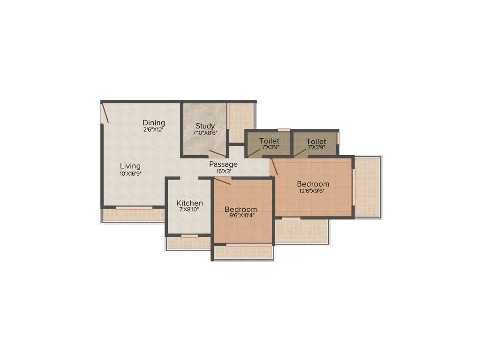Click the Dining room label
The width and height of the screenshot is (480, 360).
tap(154, 123)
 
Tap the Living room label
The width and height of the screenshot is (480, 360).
tap(130, 166)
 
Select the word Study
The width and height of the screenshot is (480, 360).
tap(205, 126)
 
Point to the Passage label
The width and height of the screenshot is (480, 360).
tap(223, 164)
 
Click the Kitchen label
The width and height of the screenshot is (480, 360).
tap(190, 203)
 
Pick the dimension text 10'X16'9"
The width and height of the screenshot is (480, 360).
tap(130, 173)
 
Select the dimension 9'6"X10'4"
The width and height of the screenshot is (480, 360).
tap(240, 216)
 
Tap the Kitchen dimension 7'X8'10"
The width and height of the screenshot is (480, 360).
tap(189, 210)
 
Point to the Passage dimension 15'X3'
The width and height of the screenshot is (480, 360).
tap(223, 172)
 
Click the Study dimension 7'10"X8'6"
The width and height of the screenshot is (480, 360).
tap(205, 133)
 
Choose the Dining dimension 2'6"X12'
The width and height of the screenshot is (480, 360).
tap(154, 130)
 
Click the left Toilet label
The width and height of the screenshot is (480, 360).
tap(269, 141)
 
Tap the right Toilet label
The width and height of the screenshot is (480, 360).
tap(316, 141)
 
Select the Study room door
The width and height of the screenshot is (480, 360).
tap(217, 153)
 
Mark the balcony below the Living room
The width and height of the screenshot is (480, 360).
tap(133, 215)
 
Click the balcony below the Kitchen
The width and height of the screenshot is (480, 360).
tap(189, 243)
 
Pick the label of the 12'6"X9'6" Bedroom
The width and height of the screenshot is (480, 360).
tap(313, 184)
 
